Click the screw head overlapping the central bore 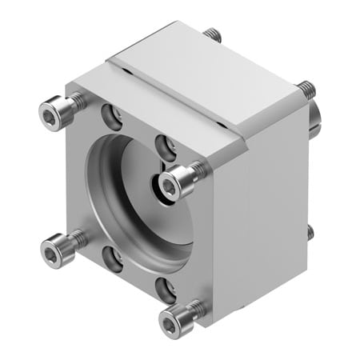[170, 185]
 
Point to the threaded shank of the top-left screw [77, 102]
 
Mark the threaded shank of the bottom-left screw [78, 238]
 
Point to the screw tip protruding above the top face [212, 34]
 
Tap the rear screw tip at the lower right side [310, 232]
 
